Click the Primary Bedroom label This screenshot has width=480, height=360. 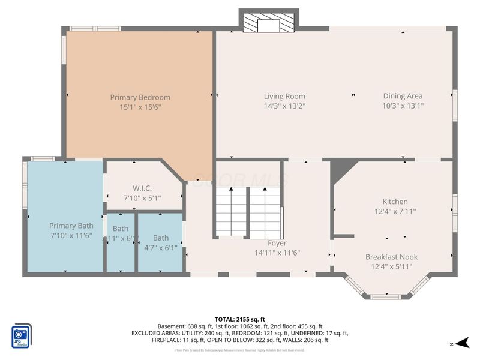140,97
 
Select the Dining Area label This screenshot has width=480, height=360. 403,96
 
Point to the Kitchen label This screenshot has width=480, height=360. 395,202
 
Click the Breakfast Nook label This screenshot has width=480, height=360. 391,257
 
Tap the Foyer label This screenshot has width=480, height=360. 277,243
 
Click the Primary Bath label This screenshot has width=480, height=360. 71,226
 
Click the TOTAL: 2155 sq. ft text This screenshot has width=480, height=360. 239,319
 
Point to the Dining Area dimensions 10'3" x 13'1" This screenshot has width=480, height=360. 403,107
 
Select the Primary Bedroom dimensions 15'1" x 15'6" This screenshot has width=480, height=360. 140,107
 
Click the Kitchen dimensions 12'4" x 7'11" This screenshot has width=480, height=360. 395,211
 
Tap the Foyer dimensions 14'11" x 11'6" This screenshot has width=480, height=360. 277,253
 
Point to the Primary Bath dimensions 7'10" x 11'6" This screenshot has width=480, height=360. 71,236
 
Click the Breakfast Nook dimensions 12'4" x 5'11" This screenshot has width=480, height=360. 391,267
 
